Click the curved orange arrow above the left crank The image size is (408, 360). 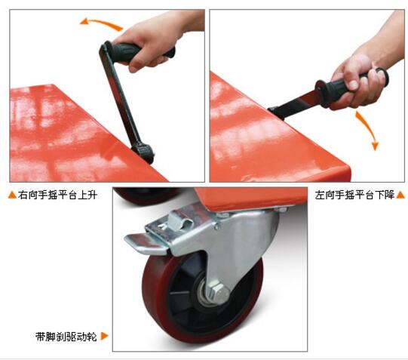coord(103,23)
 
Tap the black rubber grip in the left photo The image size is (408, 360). coord(140,51)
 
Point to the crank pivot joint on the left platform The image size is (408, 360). coord(144,152)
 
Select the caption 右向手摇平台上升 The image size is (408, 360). coord(57,195)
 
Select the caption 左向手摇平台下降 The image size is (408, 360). coord(354,195)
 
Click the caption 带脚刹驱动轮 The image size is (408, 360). coord(66,337)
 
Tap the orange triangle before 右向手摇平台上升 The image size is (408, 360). coord(12,195)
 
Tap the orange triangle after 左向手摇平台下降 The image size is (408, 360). coord(400,195)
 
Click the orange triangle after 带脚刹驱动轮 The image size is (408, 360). coord(104,336)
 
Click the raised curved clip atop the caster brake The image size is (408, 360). coord(179,220)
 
